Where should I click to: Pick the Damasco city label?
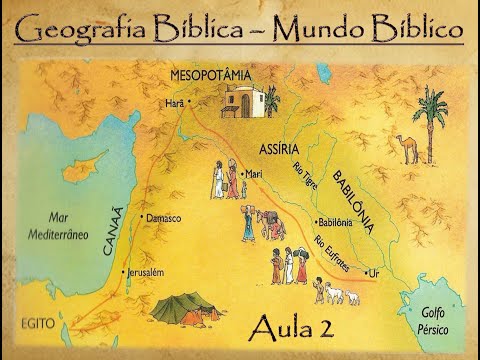point(163,217)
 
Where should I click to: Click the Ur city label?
point(375,271)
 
